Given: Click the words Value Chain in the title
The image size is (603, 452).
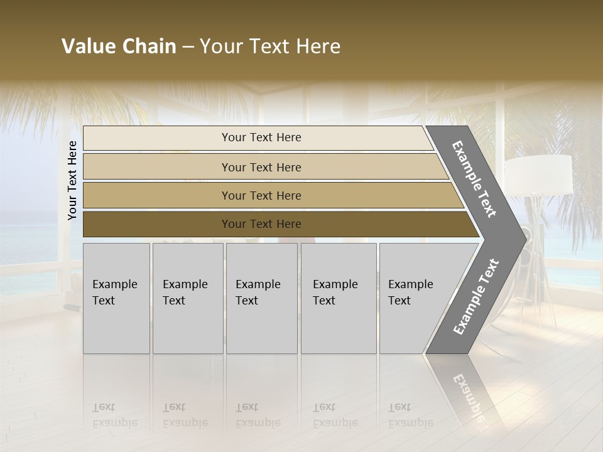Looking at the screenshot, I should point(119,46).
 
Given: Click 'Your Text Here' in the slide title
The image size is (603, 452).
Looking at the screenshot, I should point(270,46).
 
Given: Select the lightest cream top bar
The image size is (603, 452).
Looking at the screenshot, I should point(157,138).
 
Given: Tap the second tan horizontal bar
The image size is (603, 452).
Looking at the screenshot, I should point(157,167).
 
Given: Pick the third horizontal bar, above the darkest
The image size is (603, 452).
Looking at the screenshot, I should point(157,195).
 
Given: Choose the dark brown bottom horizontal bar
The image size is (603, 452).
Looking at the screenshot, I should point(157,224).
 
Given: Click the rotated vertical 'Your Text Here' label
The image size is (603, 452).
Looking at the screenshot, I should point(72,180).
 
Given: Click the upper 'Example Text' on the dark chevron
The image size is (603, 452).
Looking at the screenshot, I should point(474,178).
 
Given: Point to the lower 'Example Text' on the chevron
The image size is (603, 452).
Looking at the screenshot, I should point(476,296).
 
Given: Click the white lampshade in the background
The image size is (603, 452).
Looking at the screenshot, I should point(539,175).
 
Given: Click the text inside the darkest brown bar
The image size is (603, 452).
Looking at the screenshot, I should point(261,224).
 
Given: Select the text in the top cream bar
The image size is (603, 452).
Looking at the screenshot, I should point(261,137).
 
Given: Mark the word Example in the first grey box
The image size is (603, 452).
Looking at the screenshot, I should point(115,284).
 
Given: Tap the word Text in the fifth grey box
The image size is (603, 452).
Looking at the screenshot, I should point(399,301).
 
